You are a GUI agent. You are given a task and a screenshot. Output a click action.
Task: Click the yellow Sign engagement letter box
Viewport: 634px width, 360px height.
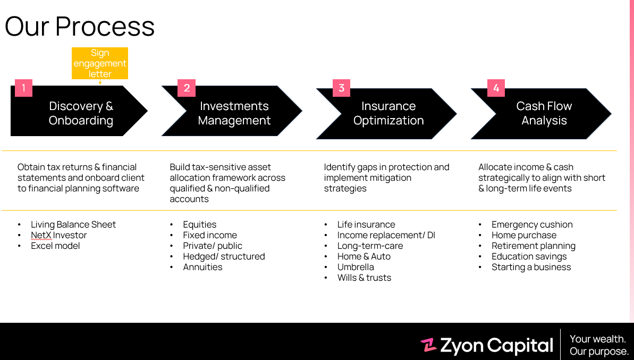pos(100,63)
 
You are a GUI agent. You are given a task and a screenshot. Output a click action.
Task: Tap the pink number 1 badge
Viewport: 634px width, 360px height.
pos(23,88)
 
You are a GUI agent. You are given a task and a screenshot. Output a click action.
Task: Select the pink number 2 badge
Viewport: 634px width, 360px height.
pos(187,88)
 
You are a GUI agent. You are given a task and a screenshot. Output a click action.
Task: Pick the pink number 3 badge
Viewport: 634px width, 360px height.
pos(341,88)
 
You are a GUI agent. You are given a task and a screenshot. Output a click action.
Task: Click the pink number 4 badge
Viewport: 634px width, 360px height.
pos(496,88)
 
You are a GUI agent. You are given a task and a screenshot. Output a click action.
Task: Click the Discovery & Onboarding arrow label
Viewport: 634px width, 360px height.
pos(81,113)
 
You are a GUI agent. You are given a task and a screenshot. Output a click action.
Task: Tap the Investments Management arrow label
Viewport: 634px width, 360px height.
pos(234,113)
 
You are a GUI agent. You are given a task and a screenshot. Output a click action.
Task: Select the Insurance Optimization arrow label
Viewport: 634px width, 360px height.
pos(388,113)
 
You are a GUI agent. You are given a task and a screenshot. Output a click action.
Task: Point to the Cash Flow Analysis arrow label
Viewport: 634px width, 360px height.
pos(544,113)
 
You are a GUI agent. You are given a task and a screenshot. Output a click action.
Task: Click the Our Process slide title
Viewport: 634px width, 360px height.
pos(80,26)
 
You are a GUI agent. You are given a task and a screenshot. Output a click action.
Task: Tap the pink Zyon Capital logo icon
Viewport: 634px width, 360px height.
pos(428,346)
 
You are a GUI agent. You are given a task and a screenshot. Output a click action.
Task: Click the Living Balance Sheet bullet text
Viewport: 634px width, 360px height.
pos(73,224)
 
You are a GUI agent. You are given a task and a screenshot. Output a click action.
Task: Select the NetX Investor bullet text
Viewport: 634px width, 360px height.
pos(58,235)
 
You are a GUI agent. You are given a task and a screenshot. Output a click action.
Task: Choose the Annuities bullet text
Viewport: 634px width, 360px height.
pos(202,267)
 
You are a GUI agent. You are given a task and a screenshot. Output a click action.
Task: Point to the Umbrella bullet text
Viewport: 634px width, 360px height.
pos(356,267)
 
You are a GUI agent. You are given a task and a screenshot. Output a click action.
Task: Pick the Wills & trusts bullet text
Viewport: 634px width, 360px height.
pos(364,278)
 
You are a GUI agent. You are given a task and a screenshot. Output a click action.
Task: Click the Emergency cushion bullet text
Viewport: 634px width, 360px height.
pos(532,224)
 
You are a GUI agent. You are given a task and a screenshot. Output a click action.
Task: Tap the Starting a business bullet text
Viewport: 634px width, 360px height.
pos(531,267)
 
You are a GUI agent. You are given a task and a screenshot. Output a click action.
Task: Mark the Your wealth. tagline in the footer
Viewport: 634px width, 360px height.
pos(597,339)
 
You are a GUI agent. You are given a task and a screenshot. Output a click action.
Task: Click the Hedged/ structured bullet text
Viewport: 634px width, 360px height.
pos(224,256)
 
